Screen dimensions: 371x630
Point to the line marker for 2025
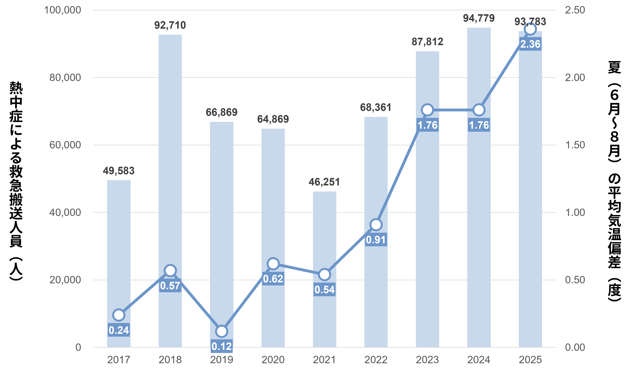point(530,29)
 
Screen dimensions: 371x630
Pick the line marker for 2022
point(376,224)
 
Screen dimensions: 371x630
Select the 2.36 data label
point(530,44)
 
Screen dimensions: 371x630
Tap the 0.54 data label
point(325,290)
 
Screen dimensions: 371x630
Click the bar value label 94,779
point(479,18)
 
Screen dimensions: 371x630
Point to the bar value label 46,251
point(325,182)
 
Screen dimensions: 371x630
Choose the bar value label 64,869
point(273,119)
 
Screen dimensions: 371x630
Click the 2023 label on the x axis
point(427,360)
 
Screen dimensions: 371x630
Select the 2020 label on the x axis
point(273,360)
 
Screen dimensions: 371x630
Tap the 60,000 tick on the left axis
point(65,145)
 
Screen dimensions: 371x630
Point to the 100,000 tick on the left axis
point(63,10)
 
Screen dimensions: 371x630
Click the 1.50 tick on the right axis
point(575,145)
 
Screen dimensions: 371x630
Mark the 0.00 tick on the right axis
point(575,347)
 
